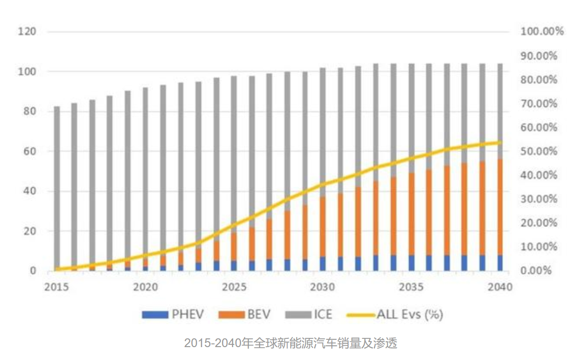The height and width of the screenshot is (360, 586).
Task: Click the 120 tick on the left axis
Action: tap(27, 32)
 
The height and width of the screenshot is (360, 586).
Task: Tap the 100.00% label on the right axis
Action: tap(542, 32)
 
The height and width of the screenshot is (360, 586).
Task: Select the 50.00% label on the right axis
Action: tap(539, 151)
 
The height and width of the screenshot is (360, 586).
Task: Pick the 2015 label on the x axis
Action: tap(56, 287)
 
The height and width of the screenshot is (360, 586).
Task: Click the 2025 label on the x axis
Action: tap(234, 287)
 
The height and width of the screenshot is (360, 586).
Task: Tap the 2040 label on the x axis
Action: tap(499, 287)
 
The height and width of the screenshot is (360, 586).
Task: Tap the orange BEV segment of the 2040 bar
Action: tap(500, 207)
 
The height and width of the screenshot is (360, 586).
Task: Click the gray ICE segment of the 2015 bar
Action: tap(57, 184)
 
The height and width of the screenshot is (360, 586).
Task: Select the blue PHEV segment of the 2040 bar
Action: tap(500, 263)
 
